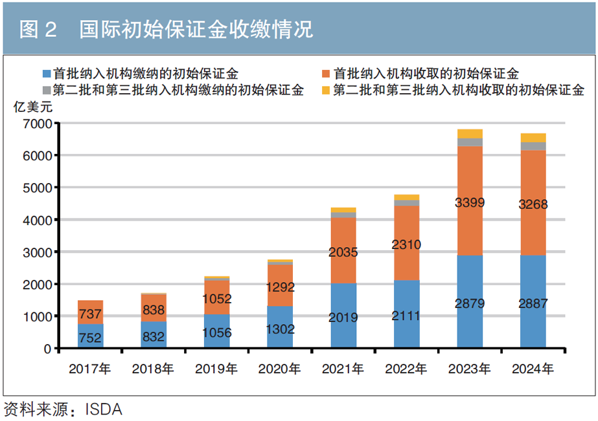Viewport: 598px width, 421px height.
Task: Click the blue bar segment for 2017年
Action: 90,336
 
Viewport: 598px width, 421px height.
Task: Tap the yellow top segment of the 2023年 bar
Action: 470,133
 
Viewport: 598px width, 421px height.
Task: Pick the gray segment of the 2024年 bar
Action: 533,146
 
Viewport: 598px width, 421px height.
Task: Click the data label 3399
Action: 470,203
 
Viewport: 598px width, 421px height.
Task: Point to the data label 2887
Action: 533,304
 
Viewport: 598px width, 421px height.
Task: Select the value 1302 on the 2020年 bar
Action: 280,329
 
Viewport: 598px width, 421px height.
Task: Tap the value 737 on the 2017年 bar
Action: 90,314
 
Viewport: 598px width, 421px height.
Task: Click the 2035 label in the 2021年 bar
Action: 343,253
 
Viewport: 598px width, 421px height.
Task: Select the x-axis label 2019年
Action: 217,369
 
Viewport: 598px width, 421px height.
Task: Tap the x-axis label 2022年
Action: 406,369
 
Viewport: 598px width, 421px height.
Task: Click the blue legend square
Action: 45,74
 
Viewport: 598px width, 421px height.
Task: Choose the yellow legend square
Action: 326,91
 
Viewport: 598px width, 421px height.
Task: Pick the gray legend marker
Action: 45,91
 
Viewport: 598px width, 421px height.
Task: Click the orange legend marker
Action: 326,74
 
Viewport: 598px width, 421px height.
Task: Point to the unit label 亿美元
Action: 33,107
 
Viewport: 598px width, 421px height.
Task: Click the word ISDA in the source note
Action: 104,410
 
